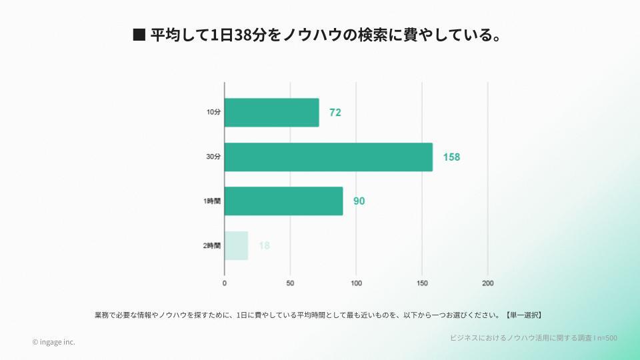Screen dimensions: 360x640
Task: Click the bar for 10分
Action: point(271,113)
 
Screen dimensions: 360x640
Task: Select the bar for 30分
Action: point(328,157)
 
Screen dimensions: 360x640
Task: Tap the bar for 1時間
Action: point(283,201)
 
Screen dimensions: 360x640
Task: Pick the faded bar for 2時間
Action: point(236,245)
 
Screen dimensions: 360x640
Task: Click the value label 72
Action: point(335,113)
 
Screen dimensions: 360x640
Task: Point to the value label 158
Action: point(451,157)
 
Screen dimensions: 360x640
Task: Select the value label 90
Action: point(359,201)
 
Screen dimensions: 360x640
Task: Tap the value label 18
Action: point(264,245)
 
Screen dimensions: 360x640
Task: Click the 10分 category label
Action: point(213,113)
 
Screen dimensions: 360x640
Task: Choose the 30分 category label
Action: point(213,157)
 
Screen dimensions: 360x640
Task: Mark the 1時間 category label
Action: point(212,201)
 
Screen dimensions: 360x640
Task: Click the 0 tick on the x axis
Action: point(225,283)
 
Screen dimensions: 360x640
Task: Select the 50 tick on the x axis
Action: point(290,283)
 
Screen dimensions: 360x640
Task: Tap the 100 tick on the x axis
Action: point(356,283)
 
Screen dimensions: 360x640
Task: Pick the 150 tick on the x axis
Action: point(422,283)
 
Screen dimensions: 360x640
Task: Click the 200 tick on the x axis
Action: point(488,283)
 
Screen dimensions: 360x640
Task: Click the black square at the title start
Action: point(139,35)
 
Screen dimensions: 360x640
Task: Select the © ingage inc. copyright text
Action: point(53,342)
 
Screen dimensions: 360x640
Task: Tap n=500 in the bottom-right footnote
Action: point(606,338)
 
